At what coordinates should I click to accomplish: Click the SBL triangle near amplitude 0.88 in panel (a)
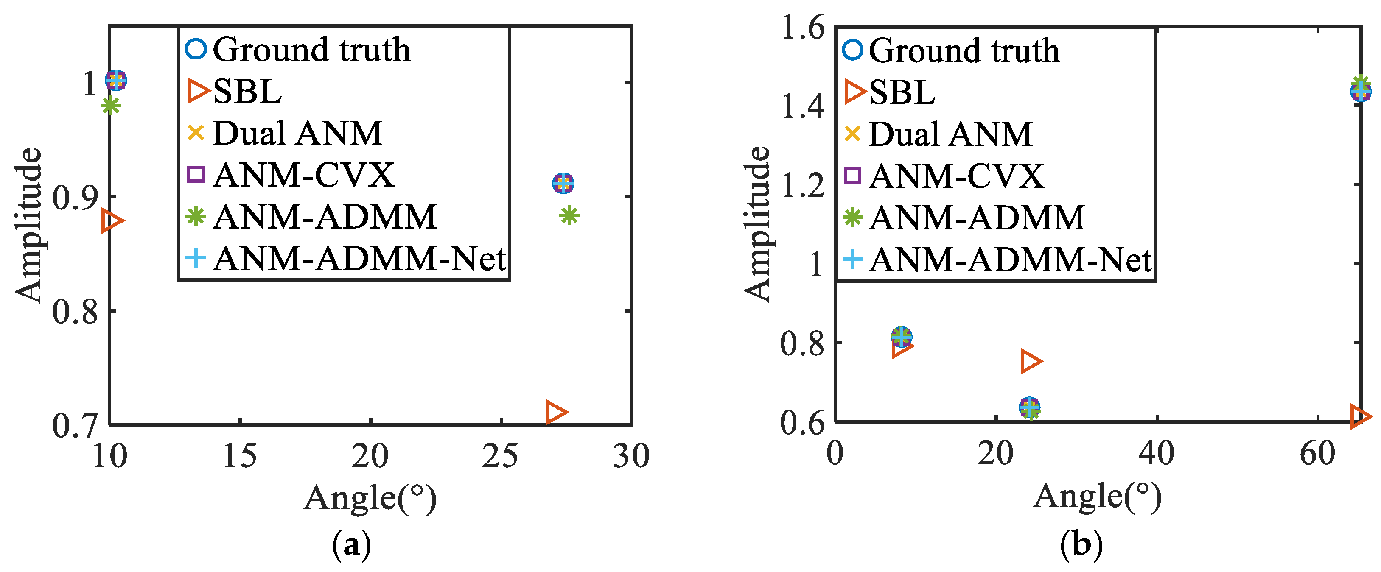point(112,220)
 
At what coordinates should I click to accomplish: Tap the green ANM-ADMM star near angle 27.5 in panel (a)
point(569,215)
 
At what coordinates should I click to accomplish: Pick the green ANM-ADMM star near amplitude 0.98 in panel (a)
point(110,106)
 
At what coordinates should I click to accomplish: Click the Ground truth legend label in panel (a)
point(311,50)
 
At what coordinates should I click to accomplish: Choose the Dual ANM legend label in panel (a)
point(297,133)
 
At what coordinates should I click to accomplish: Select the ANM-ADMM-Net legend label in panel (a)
point(359,259)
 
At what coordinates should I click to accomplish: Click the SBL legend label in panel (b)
point(902,92)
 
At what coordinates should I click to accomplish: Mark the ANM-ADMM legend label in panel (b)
point(977,218)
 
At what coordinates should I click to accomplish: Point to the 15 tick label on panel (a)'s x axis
point(240,456)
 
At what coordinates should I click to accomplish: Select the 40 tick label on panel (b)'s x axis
point(1157,454)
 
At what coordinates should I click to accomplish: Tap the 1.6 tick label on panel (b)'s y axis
point(803,28)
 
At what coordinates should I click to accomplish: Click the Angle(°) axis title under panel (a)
point(370,498)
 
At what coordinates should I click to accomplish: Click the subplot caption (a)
point(352,545)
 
